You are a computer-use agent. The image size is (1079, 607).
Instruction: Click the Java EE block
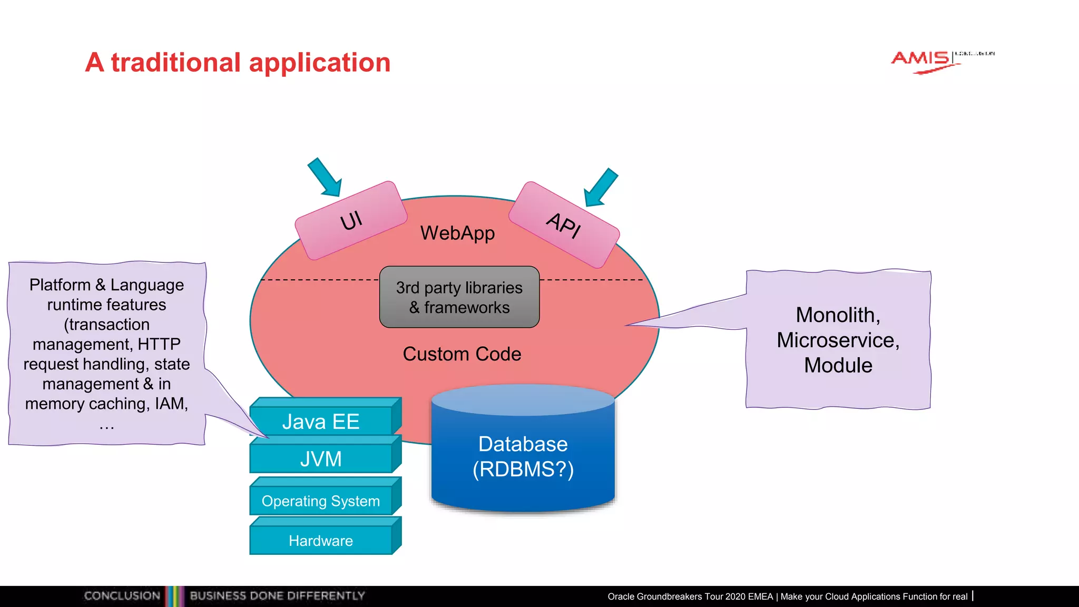click(321, 422)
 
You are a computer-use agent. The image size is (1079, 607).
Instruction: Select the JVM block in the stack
click(321, 459)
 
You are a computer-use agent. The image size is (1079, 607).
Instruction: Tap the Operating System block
click(321, 501)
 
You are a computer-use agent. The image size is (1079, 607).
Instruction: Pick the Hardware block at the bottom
click(321, 541)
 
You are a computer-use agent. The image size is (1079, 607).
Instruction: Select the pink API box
click(564, 225)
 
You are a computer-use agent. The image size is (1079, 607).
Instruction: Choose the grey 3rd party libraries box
click(459, 297)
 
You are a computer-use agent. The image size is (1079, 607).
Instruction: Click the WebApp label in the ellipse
click(457, 233)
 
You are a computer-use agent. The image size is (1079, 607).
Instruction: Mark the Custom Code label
click(462, 354)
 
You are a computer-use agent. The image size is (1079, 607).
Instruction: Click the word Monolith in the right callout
click(837, 315)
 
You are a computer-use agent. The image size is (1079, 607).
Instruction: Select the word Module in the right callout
click(838, 365)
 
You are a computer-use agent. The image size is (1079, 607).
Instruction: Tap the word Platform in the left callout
click(60, 285)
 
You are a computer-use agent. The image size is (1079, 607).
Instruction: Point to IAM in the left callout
click(171, 404)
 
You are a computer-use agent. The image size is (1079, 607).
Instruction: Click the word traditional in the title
click(176, 63)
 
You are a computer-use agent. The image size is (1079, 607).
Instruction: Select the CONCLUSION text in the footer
click(122, 596)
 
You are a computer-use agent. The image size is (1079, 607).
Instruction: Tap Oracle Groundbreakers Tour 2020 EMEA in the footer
click(690, 596)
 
